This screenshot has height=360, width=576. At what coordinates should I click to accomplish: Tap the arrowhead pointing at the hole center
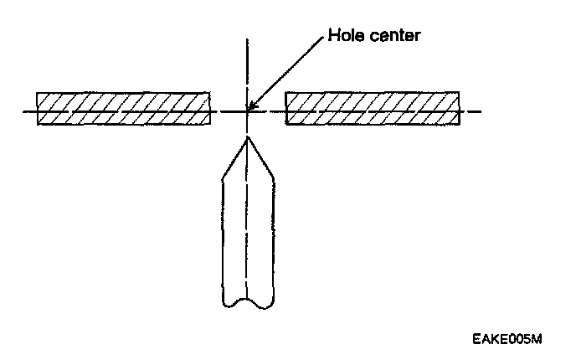252,105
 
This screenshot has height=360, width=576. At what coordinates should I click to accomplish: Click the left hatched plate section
122,108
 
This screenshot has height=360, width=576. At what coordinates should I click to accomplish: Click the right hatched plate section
373,108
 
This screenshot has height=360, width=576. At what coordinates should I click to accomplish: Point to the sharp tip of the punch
246,137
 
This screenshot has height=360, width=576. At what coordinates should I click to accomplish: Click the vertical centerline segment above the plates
247,63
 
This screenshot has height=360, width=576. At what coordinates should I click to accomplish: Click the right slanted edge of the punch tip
260,159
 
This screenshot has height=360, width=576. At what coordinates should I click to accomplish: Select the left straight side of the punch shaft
222,234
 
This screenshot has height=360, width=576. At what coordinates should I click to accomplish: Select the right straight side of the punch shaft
272,234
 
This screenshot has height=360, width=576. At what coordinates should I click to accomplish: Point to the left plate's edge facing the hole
210,108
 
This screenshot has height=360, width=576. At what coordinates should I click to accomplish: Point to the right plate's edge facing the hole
286,108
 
